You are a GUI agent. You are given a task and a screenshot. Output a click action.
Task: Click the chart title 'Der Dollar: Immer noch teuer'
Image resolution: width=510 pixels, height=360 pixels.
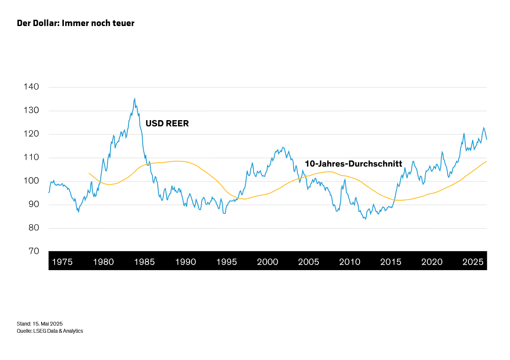[x=76, y=23]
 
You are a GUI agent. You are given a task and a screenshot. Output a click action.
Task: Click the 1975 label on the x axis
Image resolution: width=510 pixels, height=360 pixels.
[x=62, y=262]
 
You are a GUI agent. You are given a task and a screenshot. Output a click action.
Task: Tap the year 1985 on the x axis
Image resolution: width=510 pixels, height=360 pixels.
[x=145, y=262]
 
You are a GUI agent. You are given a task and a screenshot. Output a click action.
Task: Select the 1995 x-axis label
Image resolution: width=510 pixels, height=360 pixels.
[x=227, y=262]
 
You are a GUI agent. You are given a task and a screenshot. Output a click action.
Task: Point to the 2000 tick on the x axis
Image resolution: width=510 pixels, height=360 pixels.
[x=268, y=262]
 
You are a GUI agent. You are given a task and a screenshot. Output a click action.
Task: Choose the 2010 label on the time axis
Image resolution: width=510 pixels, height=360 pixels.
[x=350, y=262]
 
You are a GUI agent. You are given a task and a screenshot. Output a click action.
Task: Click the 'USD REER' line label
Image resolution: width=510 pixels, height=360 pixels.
[x=167, y=124]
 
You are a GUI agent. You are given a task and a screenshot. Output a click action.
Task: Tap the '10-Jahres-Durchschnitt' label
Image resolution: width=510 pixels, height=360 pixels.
[x=353, y=164]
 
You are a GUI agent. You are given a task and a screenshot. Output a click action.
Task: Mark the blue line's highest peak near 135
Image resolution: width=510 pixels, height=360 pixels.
[x=135, y=99]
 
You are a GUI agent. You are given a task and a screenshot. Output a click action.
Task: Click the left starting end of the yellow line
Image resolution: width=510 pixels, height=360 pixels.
[x=89, y=173]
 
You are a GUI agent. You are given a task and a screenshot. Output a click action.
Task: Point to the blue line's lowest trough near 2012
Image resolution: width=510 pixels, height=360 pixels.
[x=365, y=219]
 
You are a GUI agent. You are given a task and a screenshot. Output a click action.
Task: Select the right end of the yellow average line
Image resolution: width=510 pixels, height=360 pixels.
[x=486, y=161]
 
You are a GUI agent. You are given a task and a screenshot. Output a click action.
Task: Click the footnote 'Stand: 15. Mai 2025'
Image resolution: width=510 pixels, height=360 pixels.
[x=39, y=324]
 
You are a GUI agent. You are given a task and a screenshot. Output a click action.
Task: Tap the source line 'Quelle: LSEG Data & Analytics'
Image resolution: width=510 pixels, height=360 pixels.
[x=50, y=331]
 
